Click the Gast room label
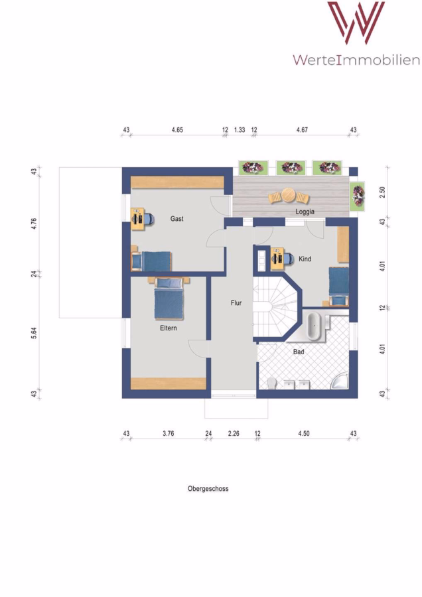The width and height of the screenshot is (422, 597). (x=176, y=218)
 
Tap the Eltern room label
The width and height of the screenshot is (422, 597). (x=169, y=328)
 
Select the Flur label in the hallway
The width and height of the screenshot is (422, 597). (x=236, y=302)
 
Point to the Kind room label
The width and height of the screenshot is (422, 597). (x=305, y=259)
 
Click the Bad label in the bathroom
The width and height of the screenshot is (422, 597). (x=299, y=352)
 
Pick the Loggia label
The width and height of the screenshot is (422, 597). (x=305, y=212)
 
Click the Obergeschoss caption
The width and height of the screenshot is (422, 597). (x=208, y=488)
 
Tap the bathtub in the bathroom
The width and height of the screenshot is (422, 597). (x=315, y=326)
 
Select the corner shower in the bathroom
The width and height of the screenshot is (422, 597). (x=340, y=380)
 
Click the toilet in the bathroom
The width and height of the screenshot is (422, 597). (x=271, y=383)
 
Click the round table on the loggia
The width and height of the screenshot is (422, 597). (x=289, y=196)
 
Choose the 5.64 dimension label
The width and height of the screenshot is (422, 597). (x=34, y=333)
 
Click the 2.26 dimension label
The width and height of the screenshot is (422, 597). (x=234, y=433)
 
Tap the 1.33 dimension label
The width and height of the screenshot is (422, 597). (x=240, y=130)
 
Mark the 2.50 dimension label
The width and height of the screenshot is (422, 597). (x=382, y=192)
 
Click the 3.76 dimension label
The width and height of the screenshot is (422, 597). (x=169, y=433)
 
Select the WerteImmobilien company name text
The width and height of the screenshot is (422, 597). (x=356, y=60)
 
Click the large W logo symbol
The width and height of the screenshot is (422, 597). (x=356, y=23)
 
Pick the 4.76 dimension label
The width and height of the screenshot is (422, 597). (x=34, y=224)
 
